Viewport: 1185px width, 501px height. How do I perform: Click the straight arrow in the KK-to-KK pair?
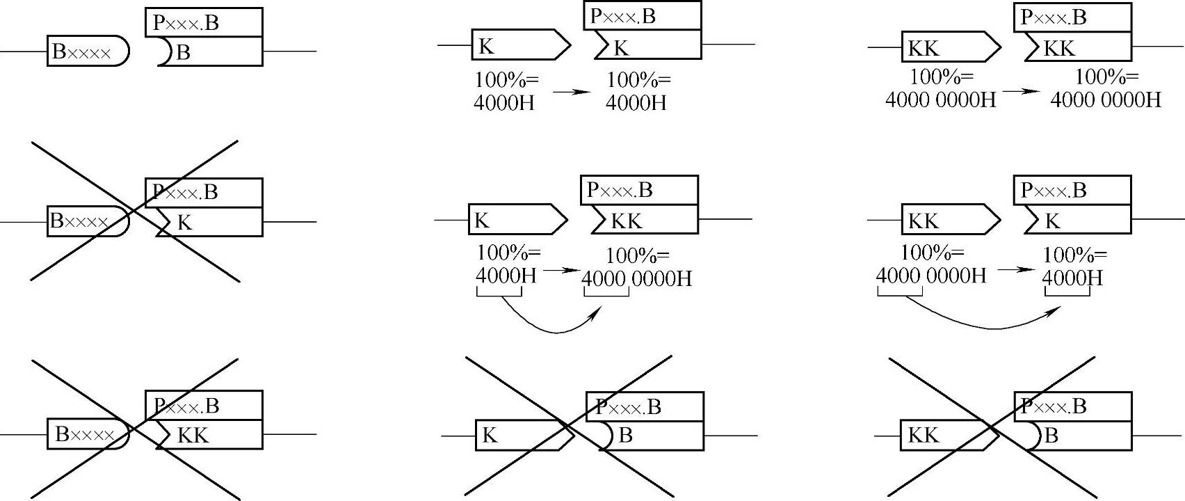(1022, 90)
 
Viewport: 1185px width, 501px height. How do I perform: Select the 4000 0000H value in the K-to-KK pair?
(636, 279)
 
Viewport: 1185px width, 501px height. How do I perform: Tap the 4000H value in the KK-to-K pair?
(1072, 278)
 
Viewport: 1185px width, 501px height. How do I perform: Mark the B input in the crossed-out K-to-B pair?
(651, 436)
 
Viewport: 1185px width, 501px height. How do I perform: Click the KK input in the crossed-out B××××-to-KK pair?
(209, 435)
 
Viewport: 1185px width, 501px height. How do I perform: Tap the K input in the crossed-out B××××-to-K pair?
(209, 222)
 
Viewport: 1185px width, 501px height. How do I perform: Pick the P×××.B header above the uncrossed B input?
(204, 22)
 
